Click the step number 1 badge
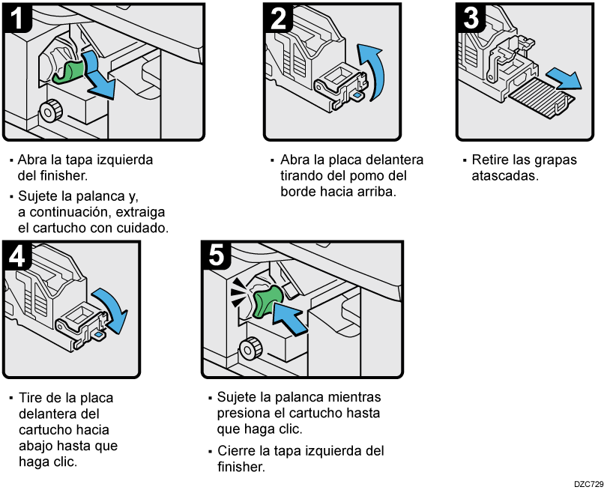pyautogui.click(x=17, y=17)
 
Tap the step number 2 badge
pyautogui.click(x=277, y=17)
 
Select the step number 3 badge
pyautogui.click(x=471, y=17)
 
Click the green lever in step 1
pyautogui.click(x=70, y=70)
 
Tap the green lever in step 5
pyautogui.click(x=267, y=301)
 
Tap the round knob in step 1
pyautogui.click(x=50, y=111)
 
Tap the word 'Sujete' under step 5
pyautogui.click(x=236, y=396)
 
